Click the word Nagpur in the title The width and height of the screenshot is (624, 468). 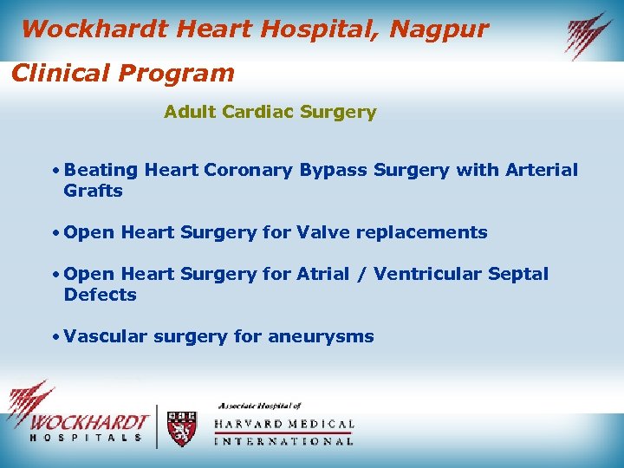(x=439, y=29)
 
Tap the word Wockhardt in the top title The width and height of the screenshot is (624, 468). (x=94, y=29)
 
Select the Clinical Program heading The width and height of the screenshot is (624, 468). (x=122, y=73)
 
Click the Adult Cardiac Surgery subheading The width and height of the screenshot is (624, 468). (x=270, y=112)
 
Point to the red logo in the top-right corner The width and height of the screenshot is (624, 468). (x=589, y=35)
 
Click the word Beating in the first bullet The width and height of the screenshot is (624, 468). (x=101, y=171)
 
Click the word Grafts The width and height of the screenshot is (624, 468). (x=93, y=191)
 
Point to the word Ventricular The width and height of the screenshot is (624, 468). (x=440, y=274)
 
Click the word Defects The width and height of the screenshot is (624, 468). (x=100, y=295)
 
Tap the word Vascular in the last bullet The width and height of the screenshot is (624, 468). (x=105, y=336)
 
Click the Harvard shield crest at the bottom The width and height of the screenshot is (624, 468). (x=181, y=428)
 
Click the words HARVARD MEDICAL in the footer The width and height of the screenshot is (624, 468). (x=284, y=425)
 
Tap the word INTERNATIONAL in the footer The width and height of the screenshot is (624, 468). (x=284, y=441)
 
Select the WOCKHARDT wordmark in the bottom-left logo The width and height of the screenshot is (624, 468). (x=88, y=423)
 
